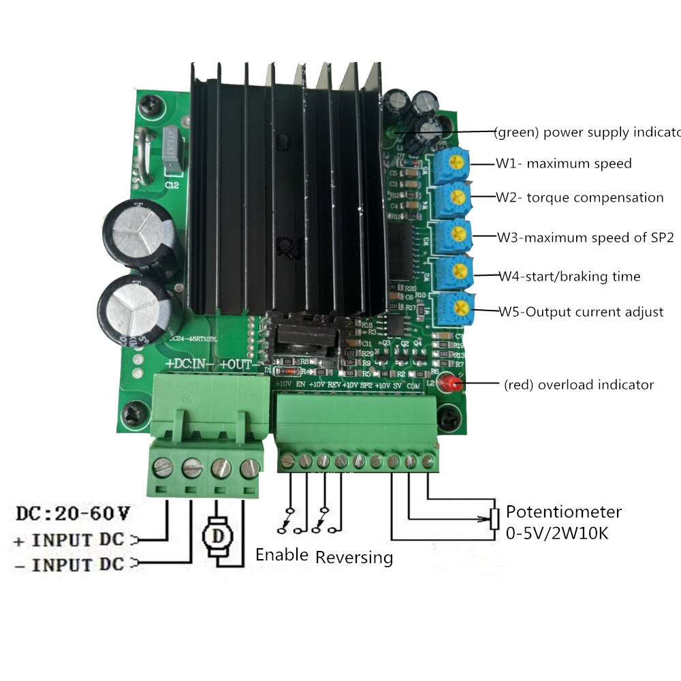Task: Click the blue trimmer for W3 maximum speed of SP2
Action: pos(455,236)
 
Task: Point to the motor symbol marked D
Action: pos(219,535)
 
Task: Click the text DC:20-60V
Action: pos(72,512)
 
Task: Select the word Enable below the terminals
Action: pos(282,554)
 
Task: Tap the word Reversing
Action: pos(354,557)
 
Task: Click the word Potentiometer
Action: pos(563,512)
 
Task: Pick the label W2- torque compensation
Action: pos(580,197)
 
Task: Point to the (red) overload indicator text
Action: pos(579,385)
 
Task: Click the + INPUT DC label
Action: pos(68,540)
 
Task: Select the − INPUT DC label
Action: pos(68,564)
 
